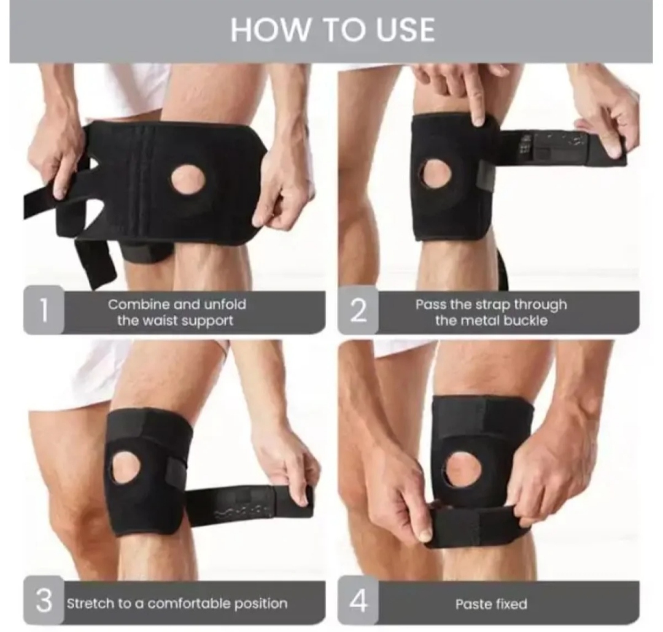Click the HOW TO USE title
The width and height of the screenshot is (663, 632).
tap(332, 30)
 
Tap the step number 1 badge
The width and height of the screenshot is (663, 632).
tap(43, 310)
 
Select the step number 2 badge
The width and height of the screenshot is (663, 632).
tap(358, 310)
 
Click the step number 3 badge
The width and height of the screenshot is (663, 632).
tap(43, 601)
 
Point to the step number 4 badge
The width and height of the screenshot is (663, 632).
tap(358, 601)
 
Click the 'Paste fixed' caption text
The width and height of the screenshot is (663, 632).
tap(491, 604)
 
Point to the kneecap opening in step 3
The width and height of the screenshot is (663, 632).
tap(126, 467)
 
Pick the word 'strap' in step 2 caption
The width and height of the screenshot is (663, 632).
tap(493, 305)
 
